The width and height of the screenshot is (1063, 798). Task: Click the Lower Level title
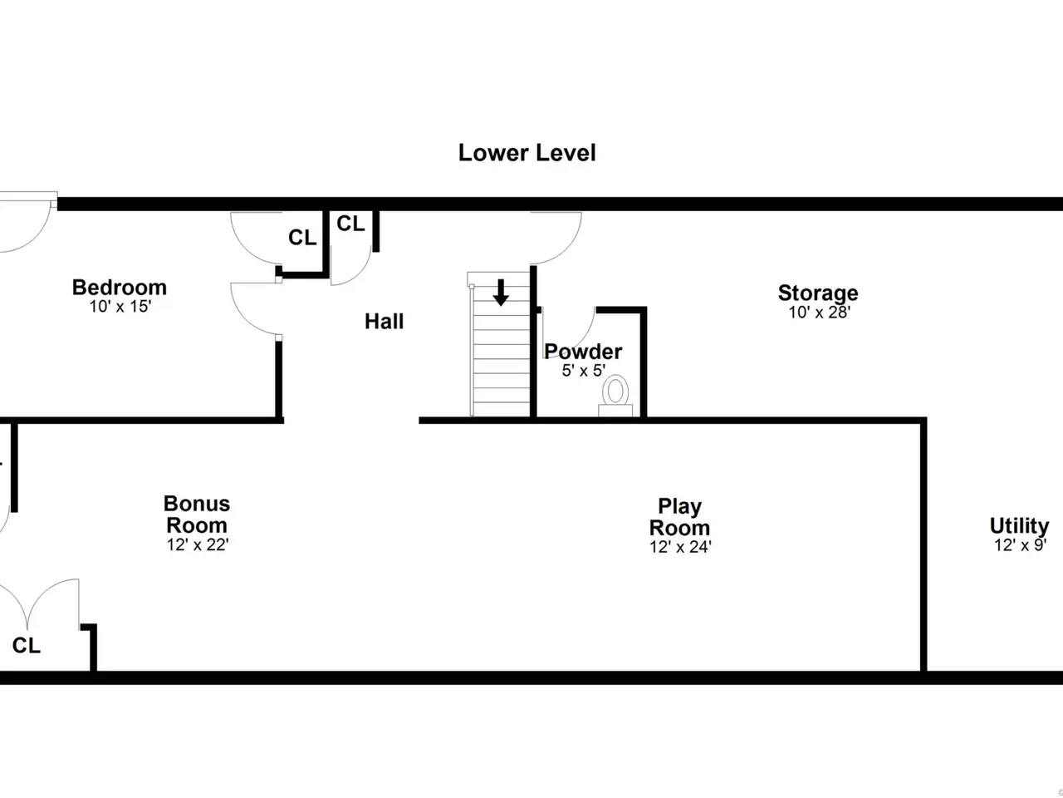point(527,153)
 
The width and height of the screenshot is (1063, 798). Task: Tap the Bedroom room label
point(120,288)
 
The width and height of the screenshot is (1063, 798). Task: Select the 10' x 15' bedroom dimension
point(120,307)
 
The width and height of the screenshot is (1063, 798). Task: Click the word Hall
point(384,321)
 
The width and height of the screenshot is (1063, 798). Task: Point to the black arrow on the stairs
point(501,292)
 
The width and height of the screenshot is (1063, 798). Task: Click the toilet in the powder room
point(615,396)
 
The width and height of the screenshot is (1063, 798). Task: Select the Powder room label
point(583,352)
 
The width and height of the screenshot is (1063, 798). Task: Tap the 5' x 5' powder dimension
point(584,371)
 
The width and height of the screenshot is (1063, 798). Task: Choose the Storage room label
point(818,293)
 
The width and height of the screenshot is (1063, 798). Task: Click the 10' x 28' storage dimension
point(820,313)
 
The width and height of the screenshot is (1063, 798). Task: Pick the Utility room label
point(1020,525)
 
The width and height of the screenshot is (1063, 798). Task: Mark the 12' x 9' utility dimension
point(1021,545)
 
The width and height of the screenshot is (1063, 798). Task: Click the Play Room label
point(680,517)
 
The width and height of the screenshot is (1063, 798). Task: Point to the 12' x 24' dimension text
point(680,547)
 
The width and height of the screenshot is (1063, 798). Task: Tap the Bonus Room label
point(197,515)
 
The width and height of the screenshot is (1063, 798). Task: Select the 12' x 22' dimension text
point(198,545)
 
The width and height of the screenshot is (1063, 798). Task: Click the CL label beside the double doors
point(26,645)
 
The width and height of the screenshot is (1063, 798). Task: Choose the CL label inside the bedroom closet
point(302,238)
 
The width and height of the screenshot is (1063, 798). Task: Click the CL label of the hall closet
point(350,224)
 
